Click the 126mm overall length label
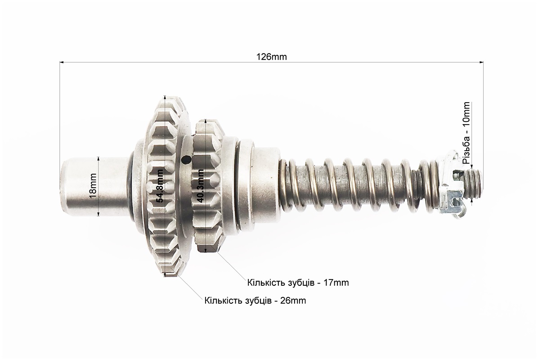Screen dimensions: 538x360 pos(271,57)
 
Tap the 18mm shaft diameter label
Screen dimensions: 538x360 pos(93,186)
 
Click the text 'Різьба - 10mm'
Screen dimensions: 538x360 pos(466,132)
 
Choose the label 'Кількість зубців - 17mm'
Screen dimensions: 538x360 pos(298,283)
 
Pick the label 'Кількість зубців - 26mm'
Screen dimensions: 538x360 pos(255,301)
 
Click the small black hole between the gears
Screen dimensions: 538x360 pos(186,160)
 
